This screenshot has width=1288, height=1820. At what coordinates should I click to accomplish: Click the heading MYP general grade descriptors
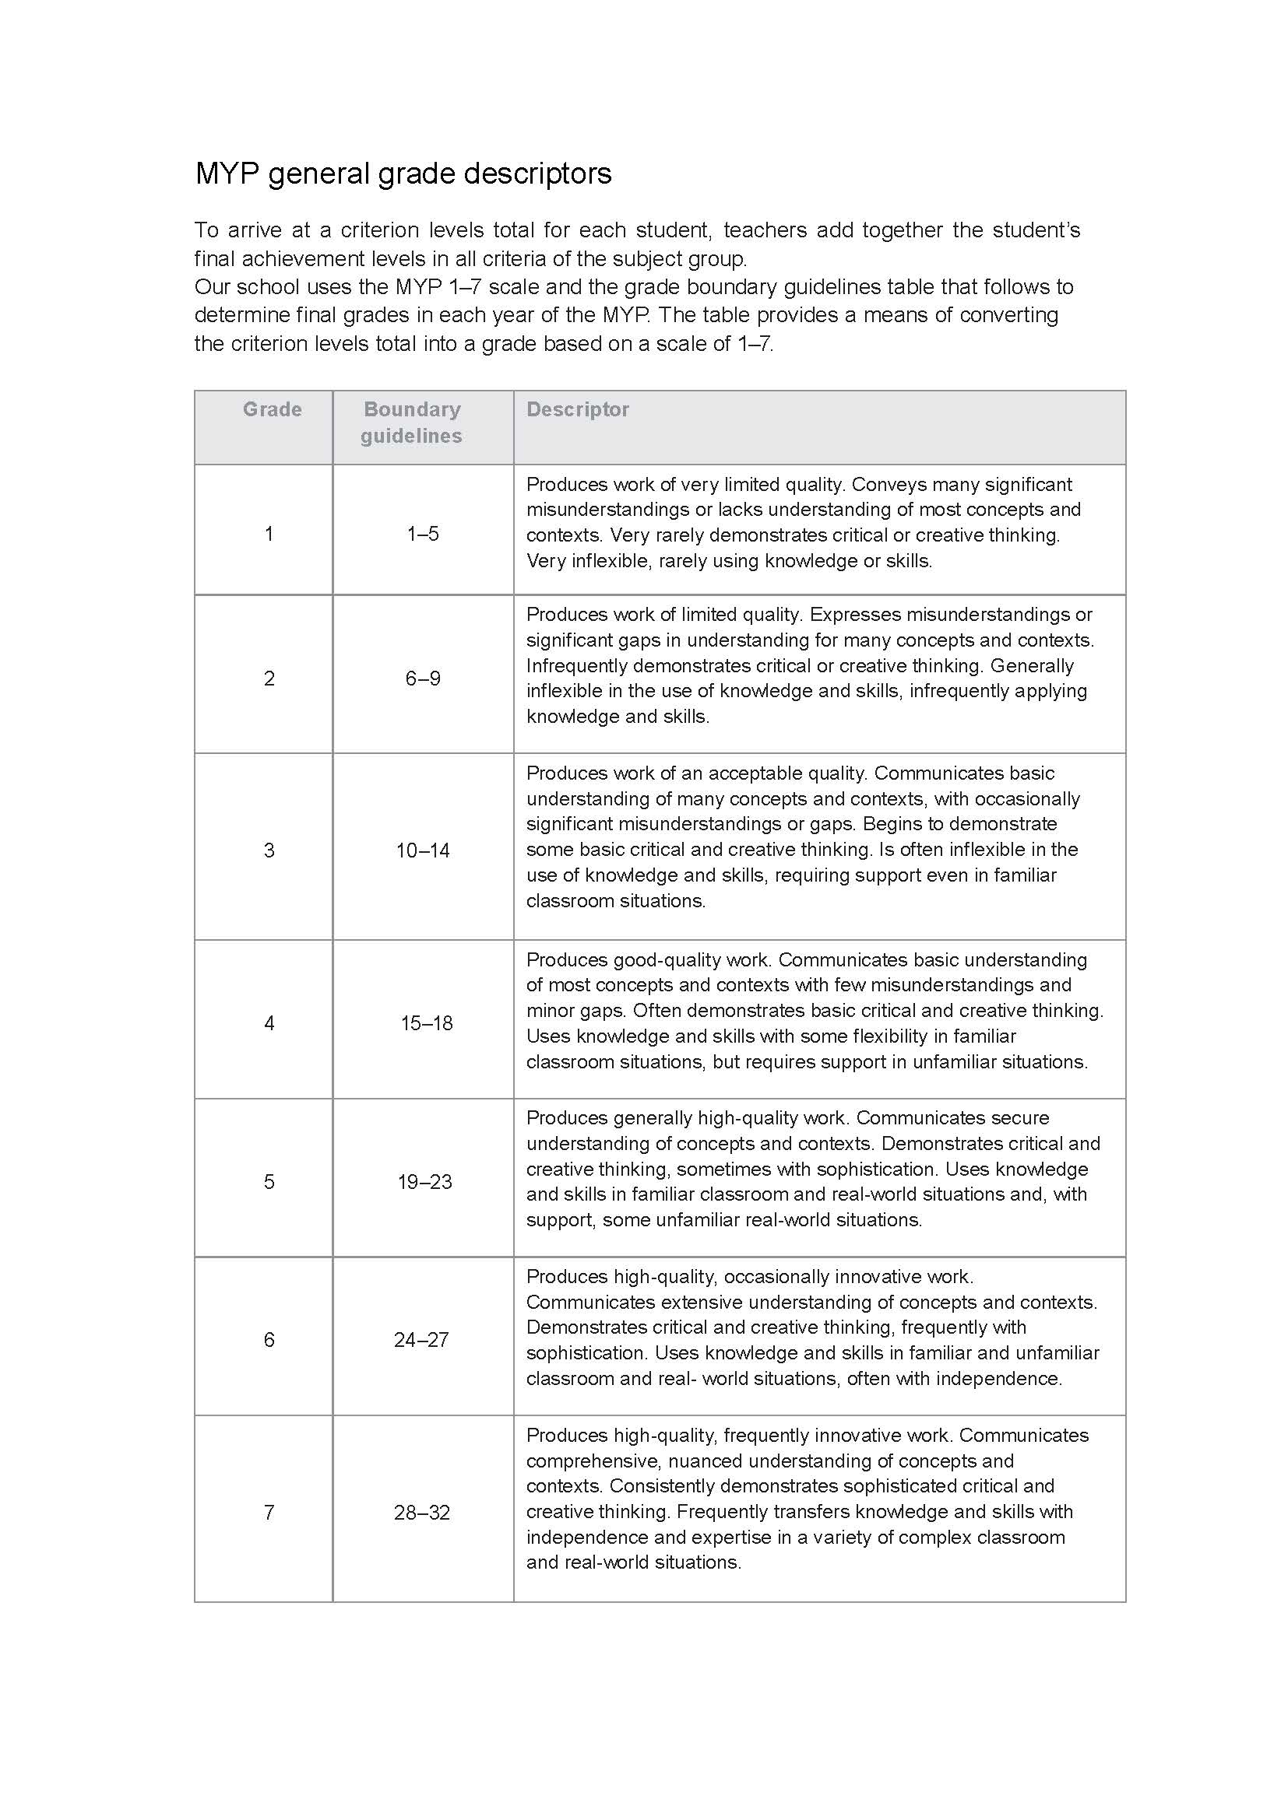point(403,174)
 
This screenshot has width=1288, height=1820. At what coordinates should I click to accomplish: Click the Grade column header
point(272,409)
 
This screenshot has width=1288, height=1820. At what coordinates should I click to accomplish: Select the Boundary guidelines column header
point(412,423)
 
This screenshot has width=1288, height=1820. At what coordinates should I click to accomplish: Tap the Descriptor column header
point(577,409)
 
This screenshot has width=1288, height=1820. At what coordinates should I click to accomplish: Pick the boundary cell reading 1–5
point(423,534)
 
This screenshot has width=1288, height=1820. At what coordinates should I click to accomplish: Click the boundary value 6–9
point(423,679)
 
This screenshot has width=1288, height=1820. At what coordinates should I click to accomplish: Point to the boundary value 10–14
point(423,850)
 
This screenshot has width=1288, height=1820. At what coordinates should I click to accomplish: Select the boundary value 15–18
point(427,1023)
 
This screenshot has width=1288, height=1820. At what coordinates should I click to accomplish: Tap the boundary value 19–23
point(424,1182)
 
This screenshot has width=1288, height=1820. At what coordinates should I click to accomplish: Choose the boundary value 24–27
point(421,1340)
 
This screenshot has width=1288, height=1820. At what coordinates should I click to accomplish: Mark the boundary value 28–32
point(422,1513)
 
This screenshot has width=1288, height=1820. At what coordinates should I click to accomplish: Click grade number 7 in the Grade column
point(269,1513)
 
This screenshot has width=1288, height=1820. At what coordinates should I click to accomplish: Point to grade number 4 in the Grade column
point(269,1023)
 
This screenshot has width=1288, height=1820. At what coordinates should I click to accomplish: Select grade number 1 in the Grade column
point(269,534)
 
